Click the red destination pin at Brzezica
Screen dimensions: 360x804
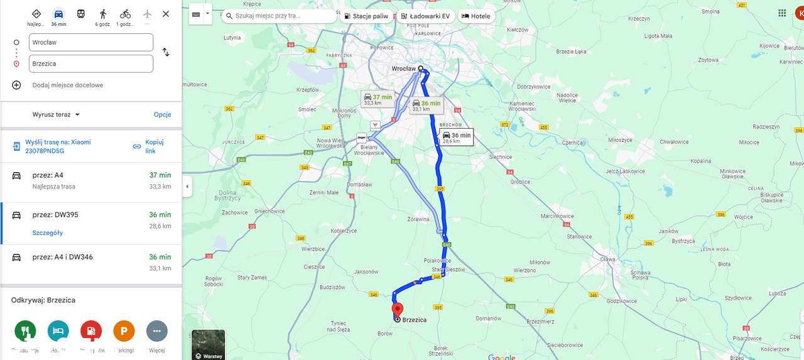(x=397, y=309)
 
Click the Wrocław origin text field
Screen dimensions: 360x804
(x=91, y=42)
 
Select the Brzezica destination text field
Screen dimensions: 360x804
(x=91, y=63)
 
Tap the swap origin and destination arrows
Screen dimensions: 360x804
(x=166, y=52)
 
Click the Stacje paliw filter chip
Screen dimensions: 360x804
(x=366, y=16)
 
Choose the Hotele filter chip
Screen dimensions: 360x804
(x=475, y=16)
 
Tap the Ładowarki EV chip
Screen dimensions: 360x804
(x=425, y=16)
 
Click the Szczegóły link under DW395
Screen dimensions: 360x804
(x=48, y=233)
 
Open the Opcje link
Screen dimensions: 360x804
(x=163, y=114)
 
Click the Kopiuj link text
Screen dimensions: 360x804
(x=154, y=146)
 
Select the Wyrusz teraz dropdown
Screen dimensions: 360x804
(x=56, y=114)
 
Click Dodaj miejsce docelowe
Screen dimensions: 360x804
(x=68, y=85)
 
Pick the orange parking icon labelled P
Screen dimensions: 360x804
(x=124, y=330)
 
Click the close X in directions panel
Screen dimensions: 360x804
(x=166, y=14)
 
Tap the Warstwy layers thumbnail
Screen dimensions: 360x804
(x=208, y=344)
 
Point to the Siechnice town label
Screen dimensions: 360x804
(x=500, y=156)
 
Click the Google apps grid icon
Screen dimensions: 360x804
(x=782, y=13)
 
